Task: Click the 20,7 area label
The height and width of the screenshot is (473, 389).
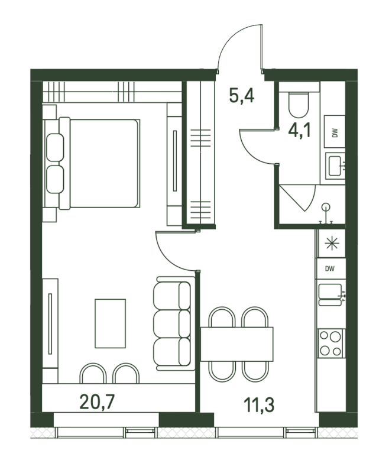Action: coord(97,402)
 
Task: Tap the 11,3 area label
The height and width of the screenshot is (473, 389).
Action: coord(259,404)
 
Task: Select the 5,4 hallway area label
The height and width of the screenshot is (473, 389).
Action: coord(242,95)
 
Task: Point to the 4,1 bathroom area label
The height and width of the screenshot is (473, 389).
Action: coord(299,131)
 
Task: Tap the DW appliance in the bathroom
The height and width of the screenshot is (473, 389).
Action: coord(335,131)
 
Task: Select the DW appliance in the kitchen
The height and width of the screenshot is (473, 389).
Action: coord(330,268)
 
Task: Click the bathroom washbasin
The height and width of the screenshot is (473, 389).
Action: coord(335,166)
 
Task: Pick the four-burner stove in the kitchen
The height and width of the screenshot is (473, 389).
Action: coord(330,343)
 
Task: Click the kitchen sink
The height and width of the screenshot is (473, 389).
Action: coord(330,294)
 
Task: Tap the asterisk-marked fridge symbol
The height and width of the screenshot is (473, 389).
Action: coord(332,243)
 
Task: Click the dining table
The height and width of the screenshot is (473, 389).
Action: coord(236,344)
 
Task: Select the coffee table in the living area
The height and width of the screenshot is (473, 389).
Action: coord(110,323)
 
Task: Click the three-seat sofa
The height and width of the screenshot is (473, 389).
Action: coord(174,323)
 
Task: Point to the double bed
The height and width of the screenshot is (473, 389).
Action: coord(99,163)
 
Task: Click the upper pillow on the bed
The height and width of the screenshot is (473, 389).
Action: coord(55,147)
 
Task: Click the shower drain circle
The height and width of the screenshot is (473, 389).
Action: coord(326,206)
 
